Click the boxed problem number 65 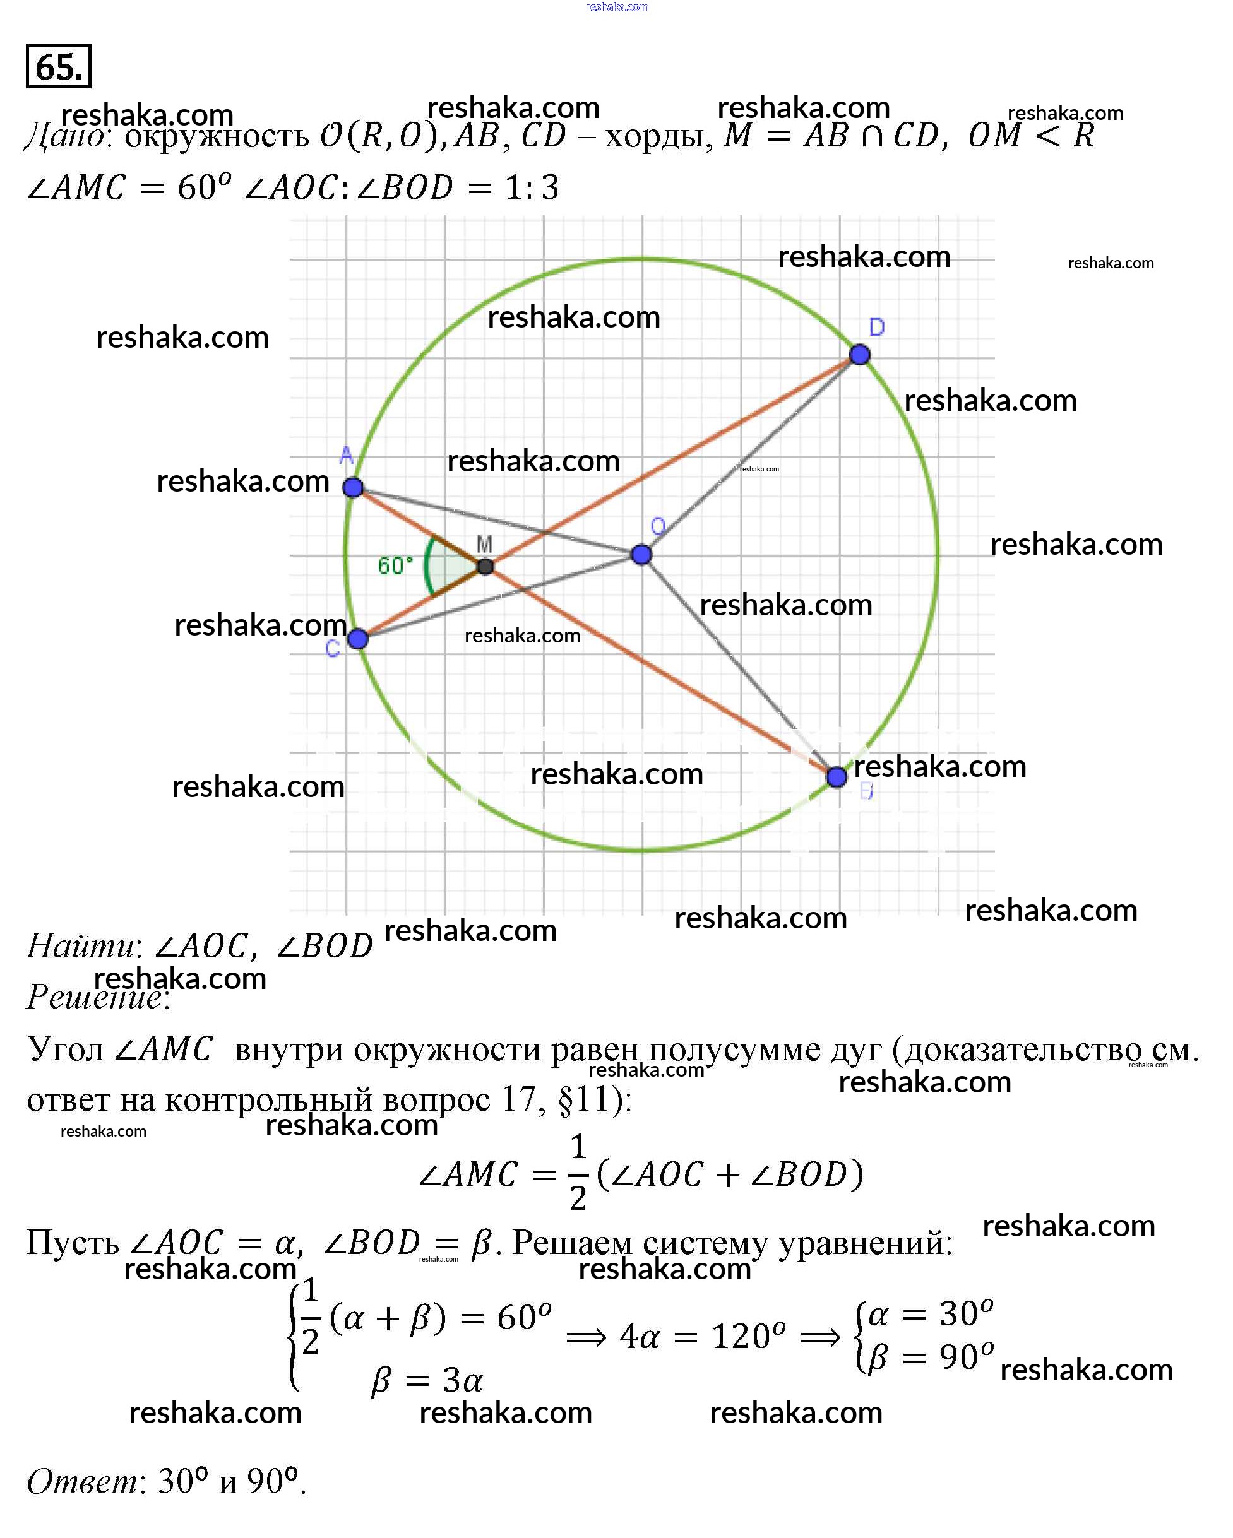(x=59, y=66)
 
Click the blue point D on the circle (x=860, y=354)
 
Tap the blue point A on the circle (x=352, y=487)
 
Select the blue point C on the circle (x=358, y=639)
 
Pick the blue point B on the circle (x=837, y=777)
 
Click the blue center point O (x=641, y=554)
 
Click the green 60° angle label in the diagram (x=395, y=565)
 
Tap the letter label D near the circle (x=877, y=328)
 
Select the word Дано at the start (x=65, y=135)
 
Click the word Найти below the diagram (x=81, y=946)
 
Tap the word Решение (x=95, y=997)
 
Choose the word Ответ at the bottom (x=82, y=1482)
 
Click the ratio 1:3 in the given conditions (x=532, y=187)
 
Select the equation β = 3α (x=427, y=1380)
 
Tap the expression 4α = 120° (x=703, y=1336)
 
